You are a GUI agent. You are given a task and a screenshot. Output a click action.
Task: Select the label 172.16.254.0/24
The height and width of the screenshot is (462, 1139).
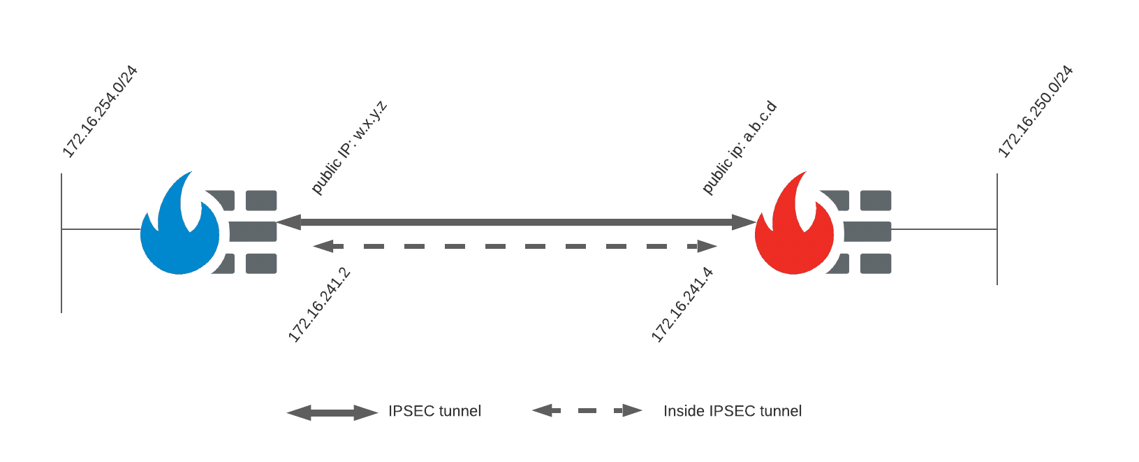point(100,112)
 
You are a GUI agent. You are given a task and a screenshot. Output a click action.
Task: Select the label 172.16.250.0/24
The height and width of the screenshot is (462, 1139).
point(1035,112)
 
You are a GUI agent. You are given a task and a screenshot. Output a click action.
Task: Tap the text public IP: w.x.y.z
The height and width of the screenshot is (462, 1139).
point(348,147)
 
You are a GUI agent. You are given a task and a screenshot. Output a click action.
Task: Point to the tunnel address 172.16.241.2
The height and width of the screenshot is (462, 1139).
point(318,305)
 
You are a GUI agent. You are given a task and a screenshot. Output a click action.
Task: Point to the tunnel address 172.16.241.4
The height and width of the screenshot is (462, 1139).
point(682,305)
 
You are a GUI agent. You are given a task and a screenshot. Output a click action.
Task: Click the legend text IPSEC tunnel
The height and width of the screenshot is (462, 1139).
point(434,411)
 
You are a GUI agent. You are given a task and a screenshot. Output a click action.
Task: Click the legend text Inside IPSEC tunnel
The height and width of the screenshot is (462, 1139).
point(732,411)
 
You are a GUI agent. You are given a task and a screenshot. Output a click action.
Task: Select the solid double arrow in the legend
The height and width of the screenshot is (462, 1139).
point(332,412)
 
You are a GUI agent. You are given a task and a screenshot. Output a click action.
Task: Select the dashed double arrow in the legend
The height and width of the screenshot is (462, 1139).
point(587,411)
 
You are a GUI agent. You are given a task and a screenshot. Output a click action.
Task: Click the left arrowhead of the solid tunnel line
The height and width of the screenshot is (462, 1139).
point(288,222)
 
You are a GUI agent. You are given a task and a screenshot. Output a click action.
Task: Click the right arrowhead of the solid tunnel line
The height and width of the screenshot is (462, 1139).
point(744,222)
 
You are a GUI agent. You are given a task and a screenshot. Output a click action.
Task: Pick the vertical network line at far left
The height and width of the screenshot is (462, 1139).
point(61,266)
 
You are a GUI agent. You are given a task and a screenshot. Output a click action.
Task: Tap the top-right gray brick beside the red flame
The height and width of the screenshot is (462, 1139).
point(876,201)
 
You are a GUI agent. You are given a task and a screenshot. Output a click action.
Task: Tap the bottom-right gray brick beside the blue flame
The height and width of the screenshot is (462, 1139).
point(261,264)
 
